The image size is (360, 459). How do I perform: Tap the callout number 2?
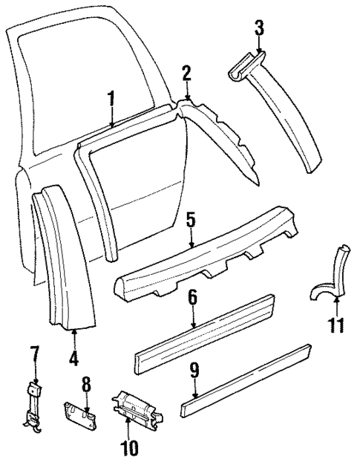pos(187,73)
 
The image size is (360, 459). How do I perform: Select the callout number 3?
pos(258,29)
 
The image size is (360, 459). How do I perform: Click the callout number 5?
pos(191,221)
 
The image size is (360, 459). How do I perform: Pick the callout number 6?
pos(192,298)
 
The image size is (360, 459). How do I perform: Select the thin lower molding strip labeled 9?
pos(252,379)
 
